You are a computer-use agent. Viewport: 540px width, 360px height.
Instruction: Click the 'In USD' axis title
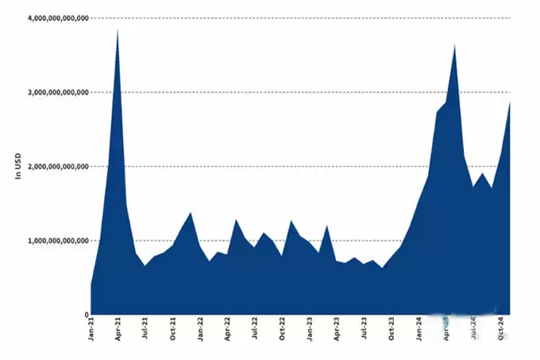pos(17,165)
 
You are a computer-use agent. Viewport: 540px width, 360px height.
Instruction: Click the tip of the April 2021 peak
pos(118,30)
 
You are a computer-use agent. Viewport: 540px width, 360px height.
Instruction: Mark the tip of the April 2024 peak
pos(454,45)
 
